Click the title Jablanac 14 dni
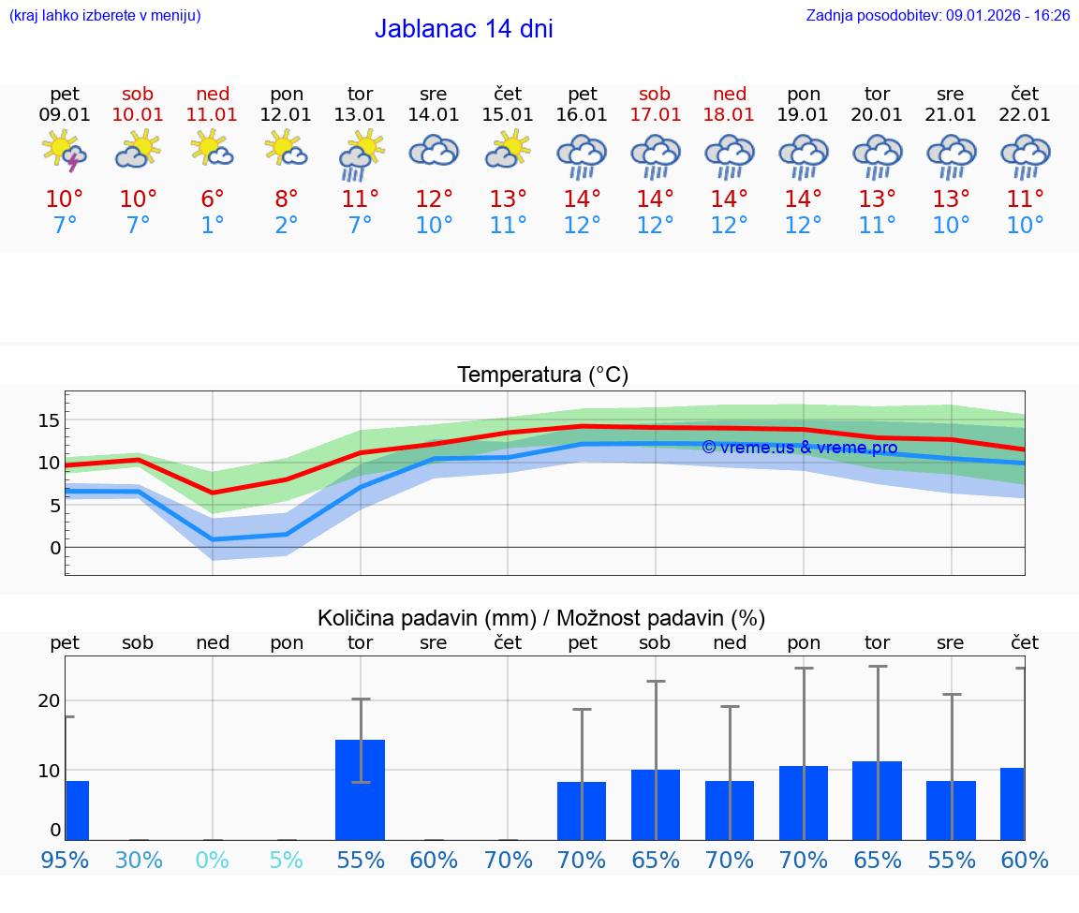pyautogui.click(x=464, y=29)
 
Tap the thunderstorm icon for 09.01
pyautogui.click(x=65, y=151)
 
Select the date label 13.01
pyautogui.click(x=360, y=115)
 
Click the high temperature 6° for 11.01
pyautogui.click(x=213, y=199)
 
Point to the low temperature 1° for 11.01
pyautogui.click(x=213, y=226)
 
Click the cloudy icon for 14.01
pyautogui.click(x=434, y=151)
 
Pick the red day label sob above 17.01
pyautogui.click(x=655, y=94)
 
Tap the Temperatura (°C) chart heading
pyautogui.click(x=542, y=376)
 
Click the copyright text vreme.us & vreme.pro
pyautogui.click(x=799, y=448)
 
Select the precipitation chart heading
pyautogui.click(x=541, y=618)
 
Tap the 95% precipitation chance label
pyautogui.click(x=65, y=860)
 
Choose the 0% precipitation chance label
pyautogui.click(x=213, y=860)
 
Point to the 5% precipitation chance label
pyautogui.click(x=287, y=860)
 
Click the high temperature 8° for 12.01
pyautogui.click(x=287, y=199)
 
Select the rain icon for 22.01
pyautogui.click(x=1025, y=155)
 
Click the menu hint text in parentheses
pyautogui.click(x=105, y=15)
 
